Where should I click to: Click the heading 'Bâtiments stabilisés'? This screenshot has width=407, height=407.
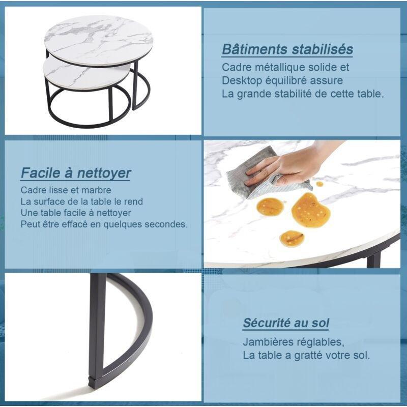287,49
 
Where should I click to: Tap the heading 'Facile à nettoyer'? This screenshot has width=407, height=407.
75,173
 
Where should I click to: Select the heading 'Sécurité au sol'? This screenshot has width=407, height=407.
286,323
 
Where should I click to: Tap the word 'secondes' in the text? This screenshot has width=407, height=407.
166,224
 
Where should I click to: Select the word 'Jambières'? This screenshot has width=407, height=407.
267,342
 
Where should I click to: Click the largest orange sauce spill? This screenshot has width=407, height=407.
310,210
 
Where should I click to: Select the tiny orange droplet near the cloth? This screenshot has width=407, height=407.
320,184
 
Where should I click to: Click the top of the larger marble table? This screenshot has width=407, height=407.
99,40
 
